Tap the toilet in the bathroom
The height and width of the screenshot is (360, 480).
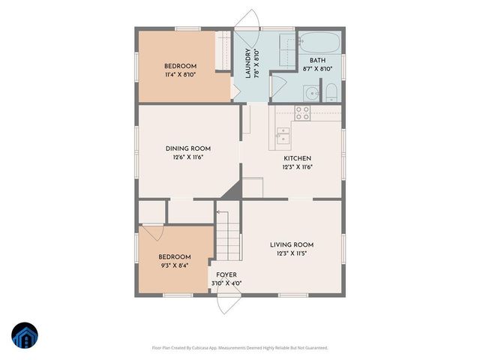point(331,93)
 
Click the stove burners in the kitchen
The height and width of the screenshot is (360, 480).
point(302,113)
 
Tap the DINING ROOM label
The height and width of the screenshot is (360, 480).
point(188,148)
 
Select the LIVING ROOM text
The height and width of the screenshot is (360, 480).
point(292,244)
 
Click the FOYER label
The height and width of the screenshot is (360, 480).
point(226,275)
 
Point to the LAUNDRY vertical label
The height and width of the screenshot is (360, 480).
point(248,64)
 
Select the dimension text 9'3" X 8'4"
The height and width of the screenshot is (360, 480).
point(174,265)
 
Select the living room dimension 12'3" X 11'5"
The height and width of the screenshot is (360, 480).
point(292,253)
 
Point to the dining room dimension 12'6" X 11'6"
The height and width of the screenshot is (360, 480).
point(188,157)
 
